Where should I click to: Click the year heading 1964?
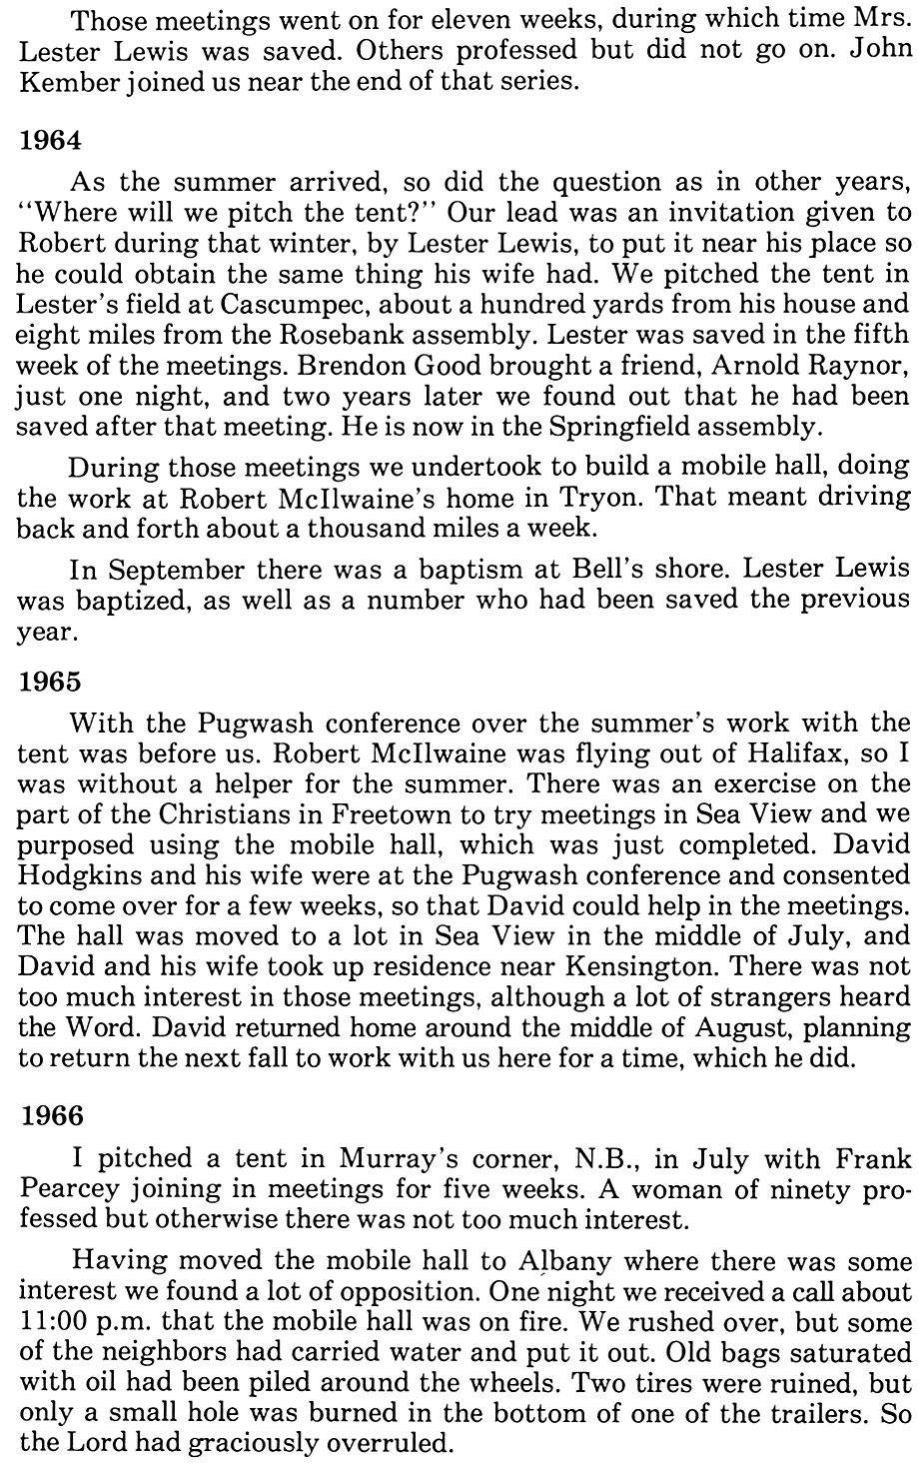(x=50, y=141)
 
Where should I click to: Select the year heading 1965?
(x=50, y=685)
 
